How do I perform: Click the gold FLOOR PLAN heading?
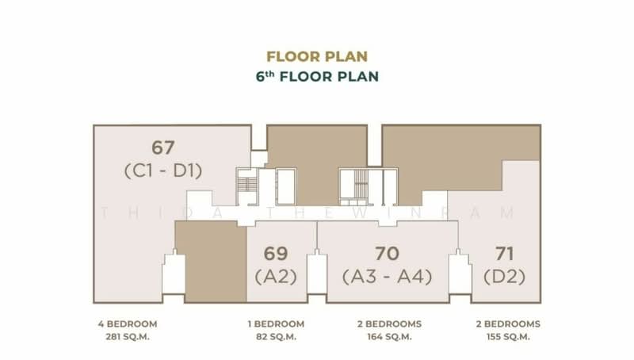[x=317, y=56]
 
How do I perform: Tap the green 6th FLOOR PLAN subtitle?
[x=317, y=77]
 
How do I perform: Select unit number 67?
[x=163, y=147]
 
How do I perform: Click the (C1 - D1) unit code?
[x=163, y=170]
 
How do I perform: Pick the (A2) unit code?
[x=276, y=277]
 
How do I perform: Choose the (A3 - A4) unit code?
[x=387, y=277]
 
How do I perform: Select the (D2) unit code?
[x=505, y=277]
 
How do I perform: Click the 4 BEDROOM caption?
[x=127, y=324]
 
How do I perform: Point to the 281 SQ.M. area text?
[x=127, y=337]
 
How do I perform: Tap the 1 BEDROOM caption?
[x=276, y=324]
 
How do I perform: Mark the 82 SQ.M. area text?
[x=276, y=337]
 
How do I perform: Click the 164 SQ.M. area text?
[x=387, y=337]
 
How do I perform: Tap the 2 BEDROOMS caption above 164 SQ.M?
[x=387, y=324]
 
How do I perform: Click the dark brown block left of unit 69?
[x=210, y=262]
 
